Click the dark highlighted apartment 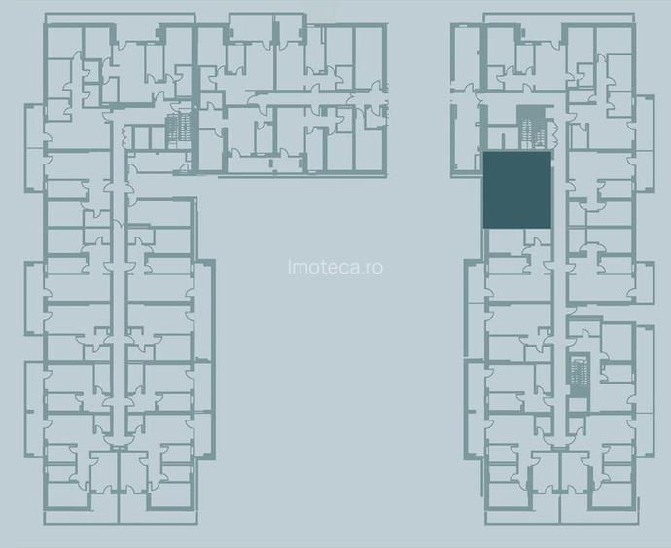click(x=517, y=191)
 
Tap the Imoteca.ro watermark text click(x=335, y=266)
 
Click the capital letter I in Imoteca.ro click(x=291, y=266)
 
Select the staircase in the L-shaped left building click(x=177, y=129)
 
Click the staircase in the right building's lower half click(x=581, y=373)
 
